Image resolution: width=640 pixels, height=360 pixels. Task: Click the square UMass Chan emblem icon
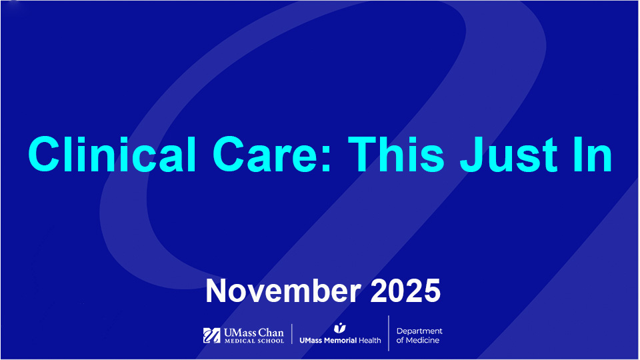211,335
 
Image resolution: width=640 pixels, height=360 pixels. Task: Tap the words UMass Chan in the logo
254,332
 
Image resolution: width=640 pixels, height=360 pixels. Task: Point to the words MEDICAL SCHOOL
254,341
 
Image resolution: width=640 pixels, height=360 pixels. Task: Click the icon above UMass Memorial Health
340,328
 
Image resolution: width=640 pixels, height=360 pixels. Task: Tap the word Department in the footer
419,331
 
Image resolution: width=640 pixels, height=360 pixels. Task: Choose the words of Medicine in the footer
418,341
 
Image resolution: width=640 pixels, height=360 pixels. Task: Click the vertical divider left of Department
389,333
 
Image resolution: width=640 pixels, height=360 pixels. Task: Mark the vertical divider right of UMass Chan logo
292,333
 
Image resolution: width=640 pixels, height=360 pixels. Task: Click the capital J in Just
470,154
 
